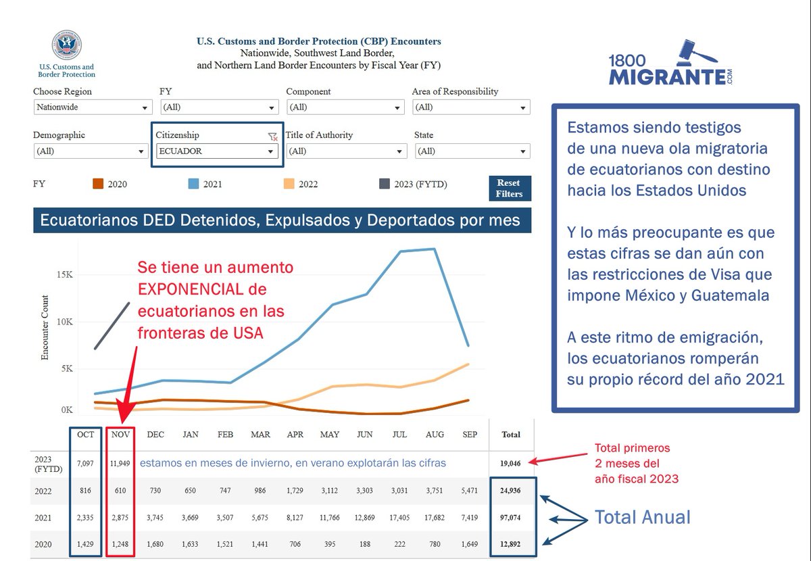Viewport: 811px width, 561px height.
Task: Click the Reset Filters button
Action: point(510,189)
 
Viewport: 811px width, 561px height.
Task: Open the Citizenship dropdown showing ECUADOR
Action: point(216,151)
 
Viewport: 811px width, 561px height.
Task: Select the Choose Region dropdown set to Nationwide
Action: point(93,107)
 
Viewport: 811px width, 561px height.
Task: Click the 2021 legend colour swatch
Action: point(193,184)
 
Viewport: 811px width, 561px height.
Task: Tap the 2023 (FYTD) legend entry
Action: point(413,184)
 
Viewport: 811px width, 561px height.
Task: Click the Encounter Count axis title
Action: point(45,327)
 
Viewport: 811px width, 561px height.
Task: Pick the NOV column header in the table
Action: point(120,435)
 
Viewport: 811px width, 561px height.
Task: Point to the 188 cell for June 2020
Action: point(364,543)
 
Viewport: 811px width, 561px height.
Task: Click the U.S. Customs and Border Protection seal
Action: point(66,45)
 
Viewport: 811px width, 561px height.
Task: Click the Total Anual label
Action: point(642,518)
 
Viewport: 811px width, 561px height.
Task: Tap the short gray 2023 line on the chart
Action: point(112,326)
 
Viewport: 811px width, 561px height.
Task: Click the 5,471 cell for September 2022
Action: point(469,491)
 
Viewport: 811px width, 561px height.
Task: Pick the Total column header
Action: point(511,435)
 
